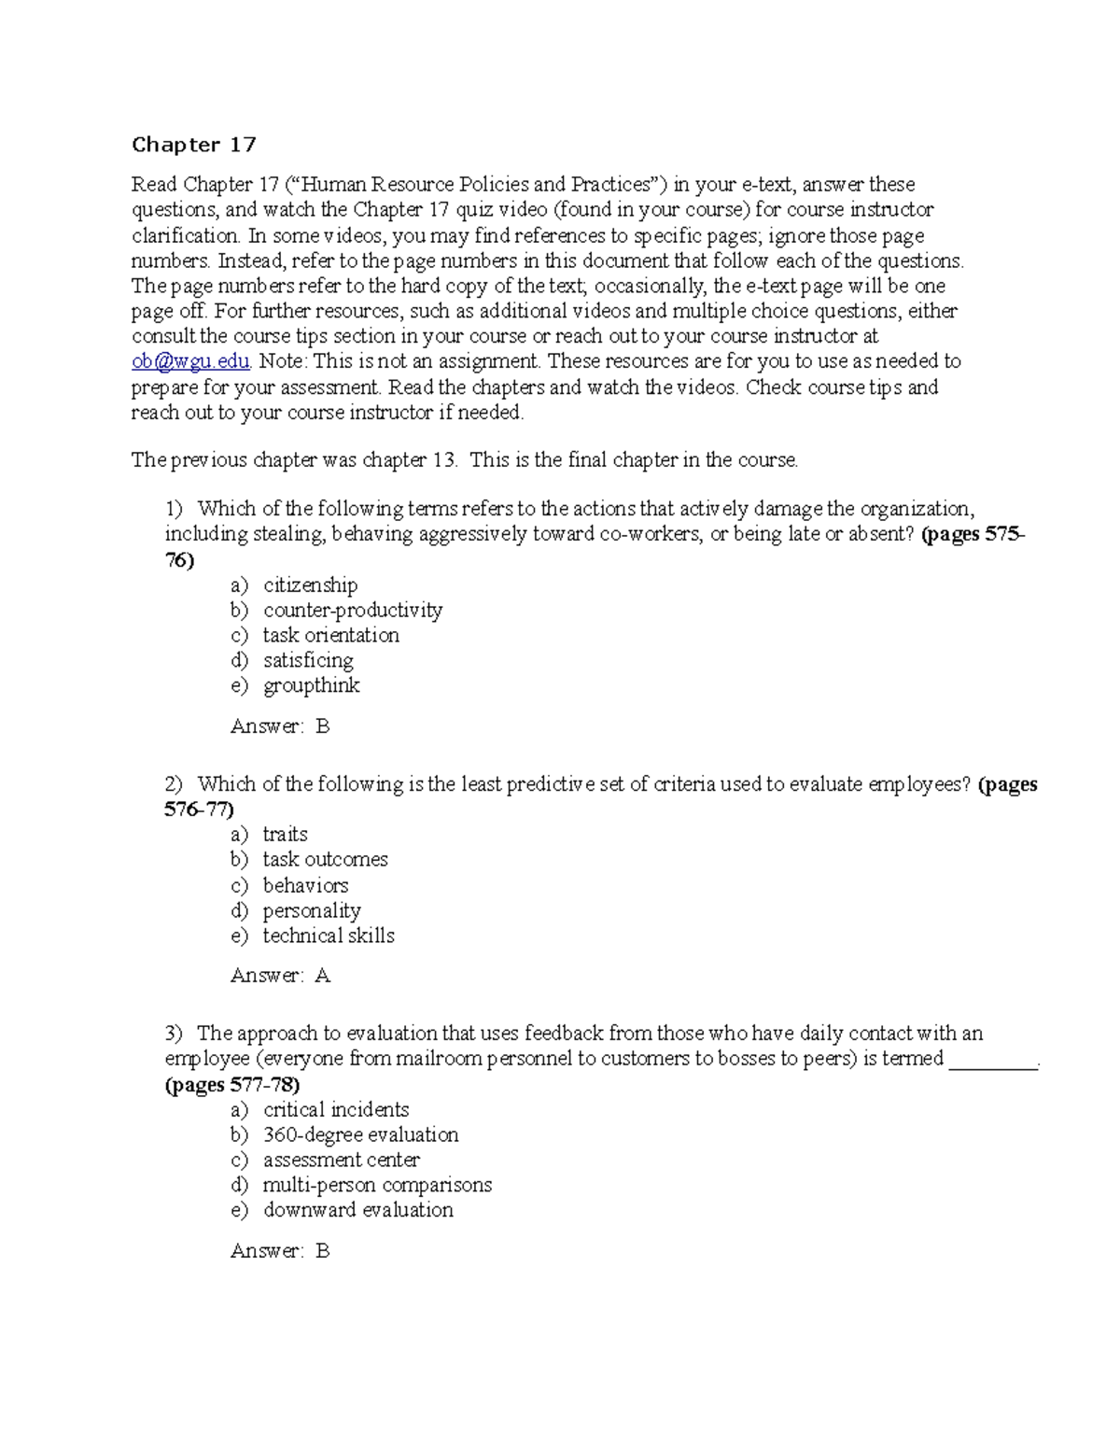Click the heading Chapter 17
point(193,145)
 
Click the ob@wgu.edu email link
point(190,361)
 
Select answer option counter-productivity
point(352,611)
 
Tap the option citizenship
point(310,585)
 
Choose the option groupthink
point(311,686)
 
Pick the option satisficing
point(308,661)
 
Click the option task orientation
point(330,636)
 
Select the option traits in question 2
point(285,835)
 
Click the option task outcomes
point(325,860)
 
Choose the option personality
point(311,910)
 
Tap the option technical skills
point(329,936)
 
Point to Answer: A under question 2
point(280,976)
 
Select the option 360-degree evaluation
point(360,1135)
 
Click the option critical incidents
point(336,1110)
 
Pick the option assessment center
point(341,1161)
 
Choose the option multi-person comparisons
point(377,1186)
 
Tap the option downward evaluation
point(357,1211)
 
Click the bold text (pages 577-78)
point(232,1085)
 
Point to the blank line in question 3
point(993,1062)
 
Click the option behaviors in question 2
point(305,885)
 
